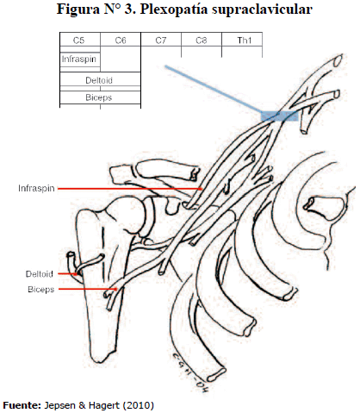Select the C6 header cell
(121, 40)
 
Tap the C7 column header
(161, 40)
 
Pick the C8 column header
(202, 40)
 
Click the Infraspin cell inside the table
(80, 59)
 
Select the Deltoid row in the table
(100, 79)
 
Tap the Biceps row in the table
(100, 97)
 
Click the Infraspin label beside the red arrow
(36, 189)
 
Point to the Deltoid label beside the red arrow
(40, 274)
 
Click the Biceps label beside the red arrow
(41, 290)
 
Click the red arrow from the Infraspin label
(130, 189)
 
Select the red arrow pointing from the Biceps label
(88, 289)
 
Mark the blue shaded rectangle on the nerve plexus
(279, 116)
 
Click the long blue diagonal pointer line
(213, 89)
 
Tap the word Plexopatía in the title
(174, 9)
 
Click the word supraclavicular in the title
(262, 9)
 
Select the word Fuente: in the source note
(22, 405)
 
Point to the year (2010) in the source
(138, 405)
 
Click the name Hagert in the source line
(104, 405)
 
